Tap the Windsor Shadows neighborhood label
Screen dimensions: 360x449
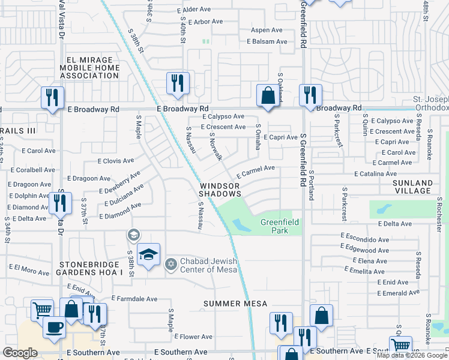[220, 190]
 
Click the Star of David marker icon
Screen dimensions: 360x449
[170, 265]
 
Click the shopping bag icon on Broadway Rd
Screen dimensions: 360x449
[267, 95]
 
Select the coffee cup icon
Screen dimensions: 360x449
[54, 327]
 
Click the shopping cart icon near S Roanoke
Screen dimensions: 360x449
[400, 346]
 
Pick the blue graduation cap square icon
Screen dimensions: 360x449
[148, 254]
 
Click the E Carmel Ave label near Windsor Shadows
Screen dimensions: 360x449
[256, 172]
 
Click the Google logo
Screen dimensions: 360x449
[20, 353]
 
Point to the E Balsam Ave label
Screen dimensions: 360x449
[267, 41]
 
